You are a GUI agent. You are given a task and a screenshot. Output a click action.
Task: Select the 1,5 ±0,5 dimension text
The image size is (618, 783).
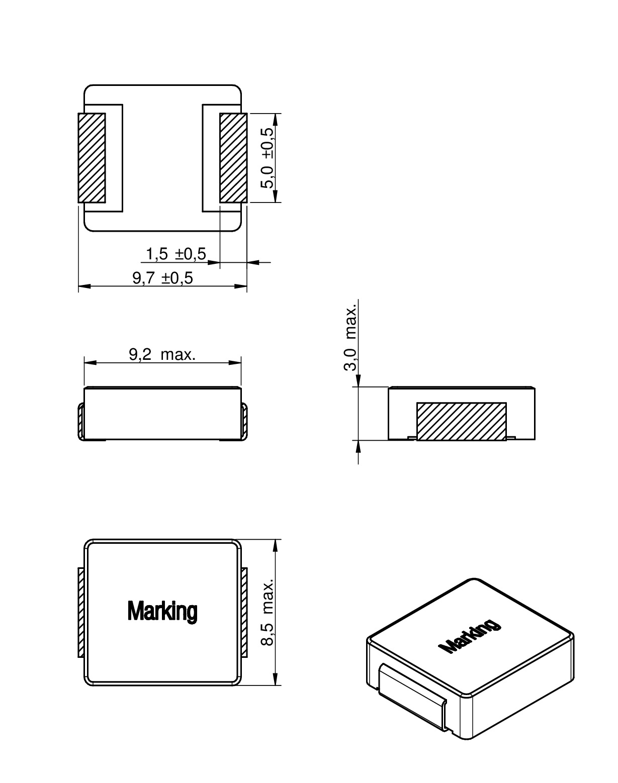[175, 254]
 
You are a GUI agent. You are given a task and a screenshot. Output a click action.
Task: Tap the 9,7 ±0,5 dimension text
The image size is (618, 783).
[162, 278]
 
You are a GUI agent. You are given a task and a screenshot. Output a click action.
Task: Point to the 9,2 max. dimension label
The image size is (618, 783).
[162, 355]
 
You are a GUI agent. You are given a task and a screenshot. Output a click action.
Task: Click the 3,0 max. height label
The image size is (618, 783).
[350, 337]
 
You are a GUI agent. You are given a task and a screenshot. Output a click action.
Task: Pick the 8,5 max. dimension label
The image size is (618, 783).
[268, 612]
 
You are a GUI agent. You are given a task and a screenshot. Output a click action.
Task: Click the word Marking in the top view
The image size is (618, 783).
[162, 611]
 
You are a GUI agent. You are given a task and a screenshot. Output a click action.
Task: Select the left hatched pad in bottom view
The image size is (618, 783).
[92, 158]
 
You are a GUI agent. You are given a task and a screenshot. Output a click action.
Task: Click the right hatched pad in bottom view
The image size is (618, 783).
[233, 158]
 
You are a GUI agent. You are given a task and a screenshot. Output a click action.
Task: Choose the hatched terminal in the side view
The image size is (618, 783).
[461, 422]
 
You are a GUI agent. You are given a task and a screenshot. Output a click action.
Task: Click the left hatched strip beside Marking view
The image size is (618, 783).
[80, 612]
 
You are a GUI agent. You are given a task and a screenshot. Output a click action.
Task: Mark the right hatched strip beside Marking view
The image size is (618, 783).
[244, 612]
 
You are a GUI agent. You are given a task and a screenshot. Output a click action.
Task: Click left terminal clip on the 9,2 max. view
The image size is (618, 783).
[81, 421]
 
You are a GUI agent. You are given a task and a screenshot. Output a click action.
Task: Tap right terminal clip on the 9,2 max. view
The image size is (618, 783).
[244, 421]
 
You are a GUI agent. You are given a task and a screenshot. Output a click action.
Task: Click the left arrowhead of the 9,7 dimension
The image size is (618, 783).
[83, 286]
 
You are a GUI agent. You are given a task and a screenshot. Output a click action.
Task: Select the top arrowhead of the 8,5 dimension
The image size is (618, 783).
[275, 545]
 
